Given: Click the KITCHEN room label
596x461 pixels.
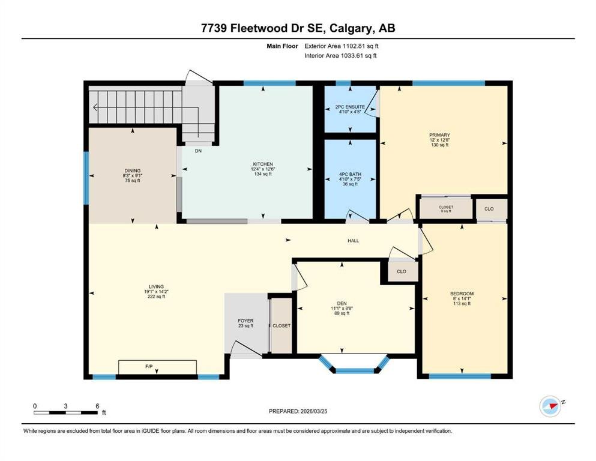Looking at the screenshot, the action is (x=263, y=164).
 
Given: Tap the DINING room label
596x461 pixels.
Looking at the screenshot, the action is (x=132, y=170).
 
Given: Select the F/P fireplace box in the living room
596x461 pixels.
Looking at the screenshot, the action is (x=157, y=367).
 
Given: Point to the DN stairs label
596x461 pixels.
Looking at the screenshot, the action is (x=198, y=151).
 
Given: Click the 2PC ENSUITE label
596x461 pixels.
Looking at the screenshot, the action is (x=350, y=107).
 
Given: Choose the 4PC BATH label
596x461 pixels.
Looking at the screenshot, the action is (x=350, y=175).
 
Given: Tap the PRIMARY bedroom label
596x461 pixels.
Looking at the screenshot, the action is (x=439, y=135).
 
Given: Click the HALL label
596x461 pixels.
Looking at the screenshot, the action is (x=353, y=241).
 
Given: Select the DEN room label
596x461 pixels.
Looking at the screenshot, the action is (x=342, y=303).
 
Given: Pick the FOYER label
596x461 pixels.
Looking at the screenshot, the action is (x=245, y=321).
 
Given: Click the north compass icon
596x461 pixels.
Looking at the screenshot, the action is (x=551, y=406).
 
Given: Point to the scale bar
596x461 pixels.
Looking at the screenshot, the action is (x=65, y=412).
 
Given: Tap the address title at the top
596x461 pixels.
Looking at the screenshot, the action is (x=298, y=28).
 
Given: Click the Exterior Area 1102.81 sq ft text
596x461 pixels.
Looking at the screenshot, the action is (x=342, y=46).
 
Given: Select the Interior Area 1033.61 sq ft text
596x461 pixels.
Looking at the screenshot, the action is (x=340, y=55).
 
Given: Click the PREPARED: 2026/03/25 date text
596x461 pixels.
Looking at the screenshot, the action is (x=298, y=411).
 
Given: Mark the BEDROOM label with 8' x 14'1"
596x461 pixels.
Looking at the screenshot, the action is (x=462, y=294).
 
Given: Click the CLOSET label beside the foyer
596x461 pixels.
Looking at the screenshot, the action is (x=281, y=326).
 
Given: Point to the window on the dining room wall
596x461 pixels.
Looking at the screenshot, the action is (x=86, y=178).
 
